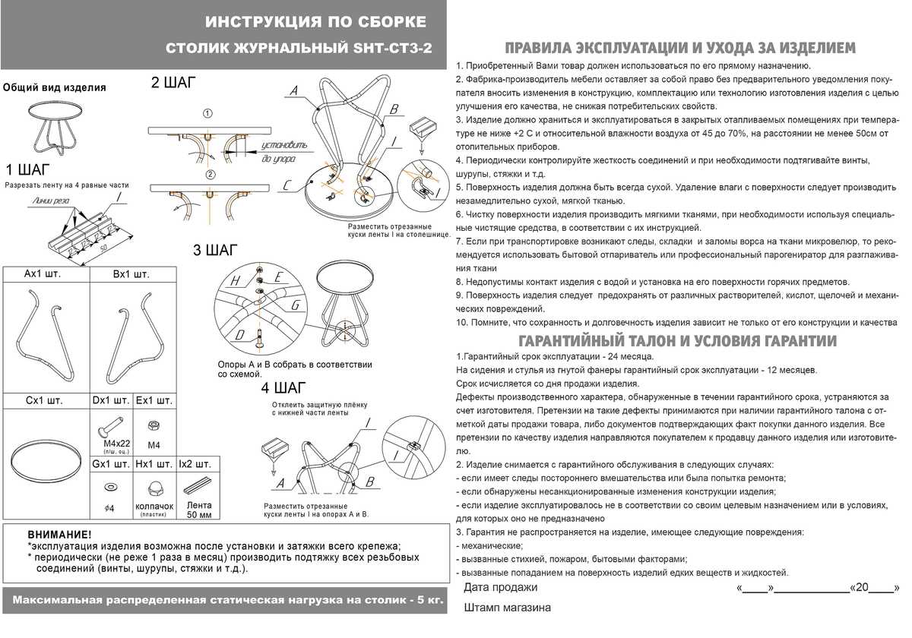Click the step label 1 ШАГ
coord(29,169)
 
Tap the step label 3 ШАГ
coord(215,250)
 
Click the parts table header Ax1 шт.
coord(43,273)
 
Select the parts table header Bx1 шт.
coord(131,273)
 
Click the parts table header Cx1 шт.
coord(44,400)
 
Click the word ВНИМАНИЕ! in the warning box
coord(59,535)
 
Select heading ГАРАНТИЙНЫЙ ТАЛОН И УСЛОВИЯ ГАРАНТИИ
coord(676,340)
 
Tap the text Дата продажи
coord(500,587)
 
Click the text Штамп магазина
coord(507,608)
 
